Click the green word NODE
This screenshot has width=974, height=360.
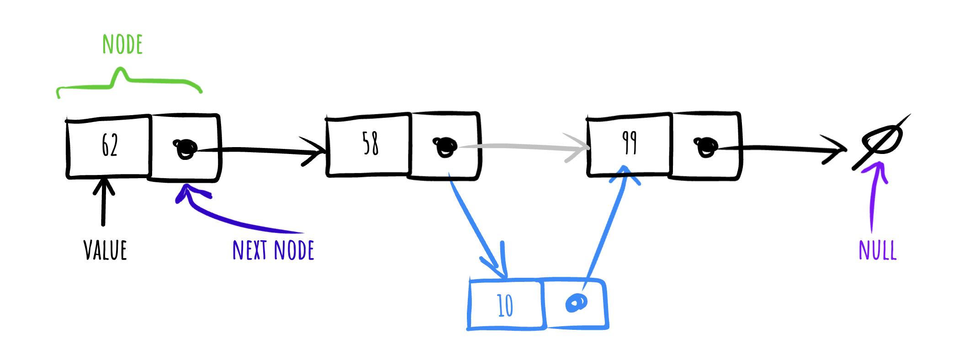[x=122, y=45]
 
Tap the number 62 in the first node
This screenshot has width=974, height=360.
[x=110, y=145]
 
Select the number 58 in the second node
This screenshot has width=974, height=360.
[x=371, y=143]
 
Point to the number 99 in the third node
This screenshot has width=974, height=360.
[x=630, y=143]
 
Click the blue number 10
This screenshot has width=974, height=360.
[x=505, y=305]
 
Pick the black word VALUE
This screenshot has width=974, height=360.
[x=105, y=250]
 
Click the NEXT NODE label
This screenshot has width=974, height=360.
[x=273, y=250]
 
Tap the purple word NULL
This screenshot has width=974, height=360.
[x=878, y=250]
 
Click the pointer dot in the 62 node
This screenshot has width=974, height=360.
[x=185, y=148]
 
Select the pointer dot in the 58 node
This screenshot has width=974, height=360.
[x=445, y=147]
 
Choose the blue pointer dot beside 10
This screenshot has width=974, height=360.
[x=577, y=303]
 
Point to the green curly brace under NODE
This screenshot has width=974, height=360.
[x=129, y=81]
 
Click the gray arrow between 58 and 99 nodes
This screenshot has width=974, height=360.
[x=523, y=146]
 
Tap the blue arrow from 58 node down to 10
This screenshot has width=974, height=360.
[x=478, y=226]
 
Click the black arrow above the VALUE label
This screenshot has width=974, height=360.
[x=104, y=201]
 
